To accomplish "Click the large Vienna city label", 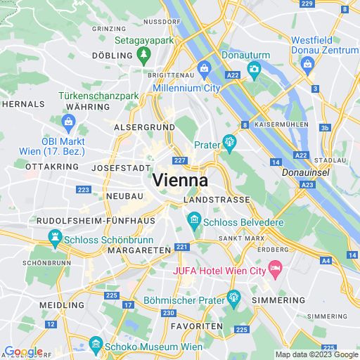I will tap(180, 181).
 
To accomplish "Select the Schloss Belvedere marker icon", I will tap(194, 222).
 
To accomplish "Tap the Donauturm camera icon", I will tap(253, 67).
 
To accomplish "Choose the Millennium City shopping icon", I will tap(203, 67).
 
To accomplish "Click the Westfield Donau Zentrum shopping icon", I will tap(307, 64).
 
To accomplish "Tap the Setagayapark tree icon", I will tap(145, 53).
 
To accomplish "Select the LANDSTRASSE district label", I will tap(217, 200).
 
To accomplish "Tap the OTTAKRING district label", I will tap(52, 167).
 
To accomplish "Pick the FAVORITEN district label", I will tap(197, 326).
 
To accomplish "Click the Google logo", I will tap(23, 352).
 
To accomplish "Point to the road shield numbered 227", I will tap(179, 160).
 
